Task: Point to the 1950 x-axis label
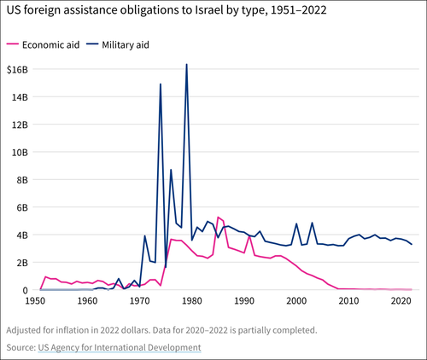36,301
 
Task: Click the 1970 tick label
140,301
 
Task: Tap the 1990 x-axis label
244,301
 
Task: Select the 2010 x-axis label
348,301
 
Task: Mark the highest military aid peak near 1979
186,65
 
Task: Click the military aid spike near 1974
161,84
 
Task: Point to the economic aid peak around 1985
218,218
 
